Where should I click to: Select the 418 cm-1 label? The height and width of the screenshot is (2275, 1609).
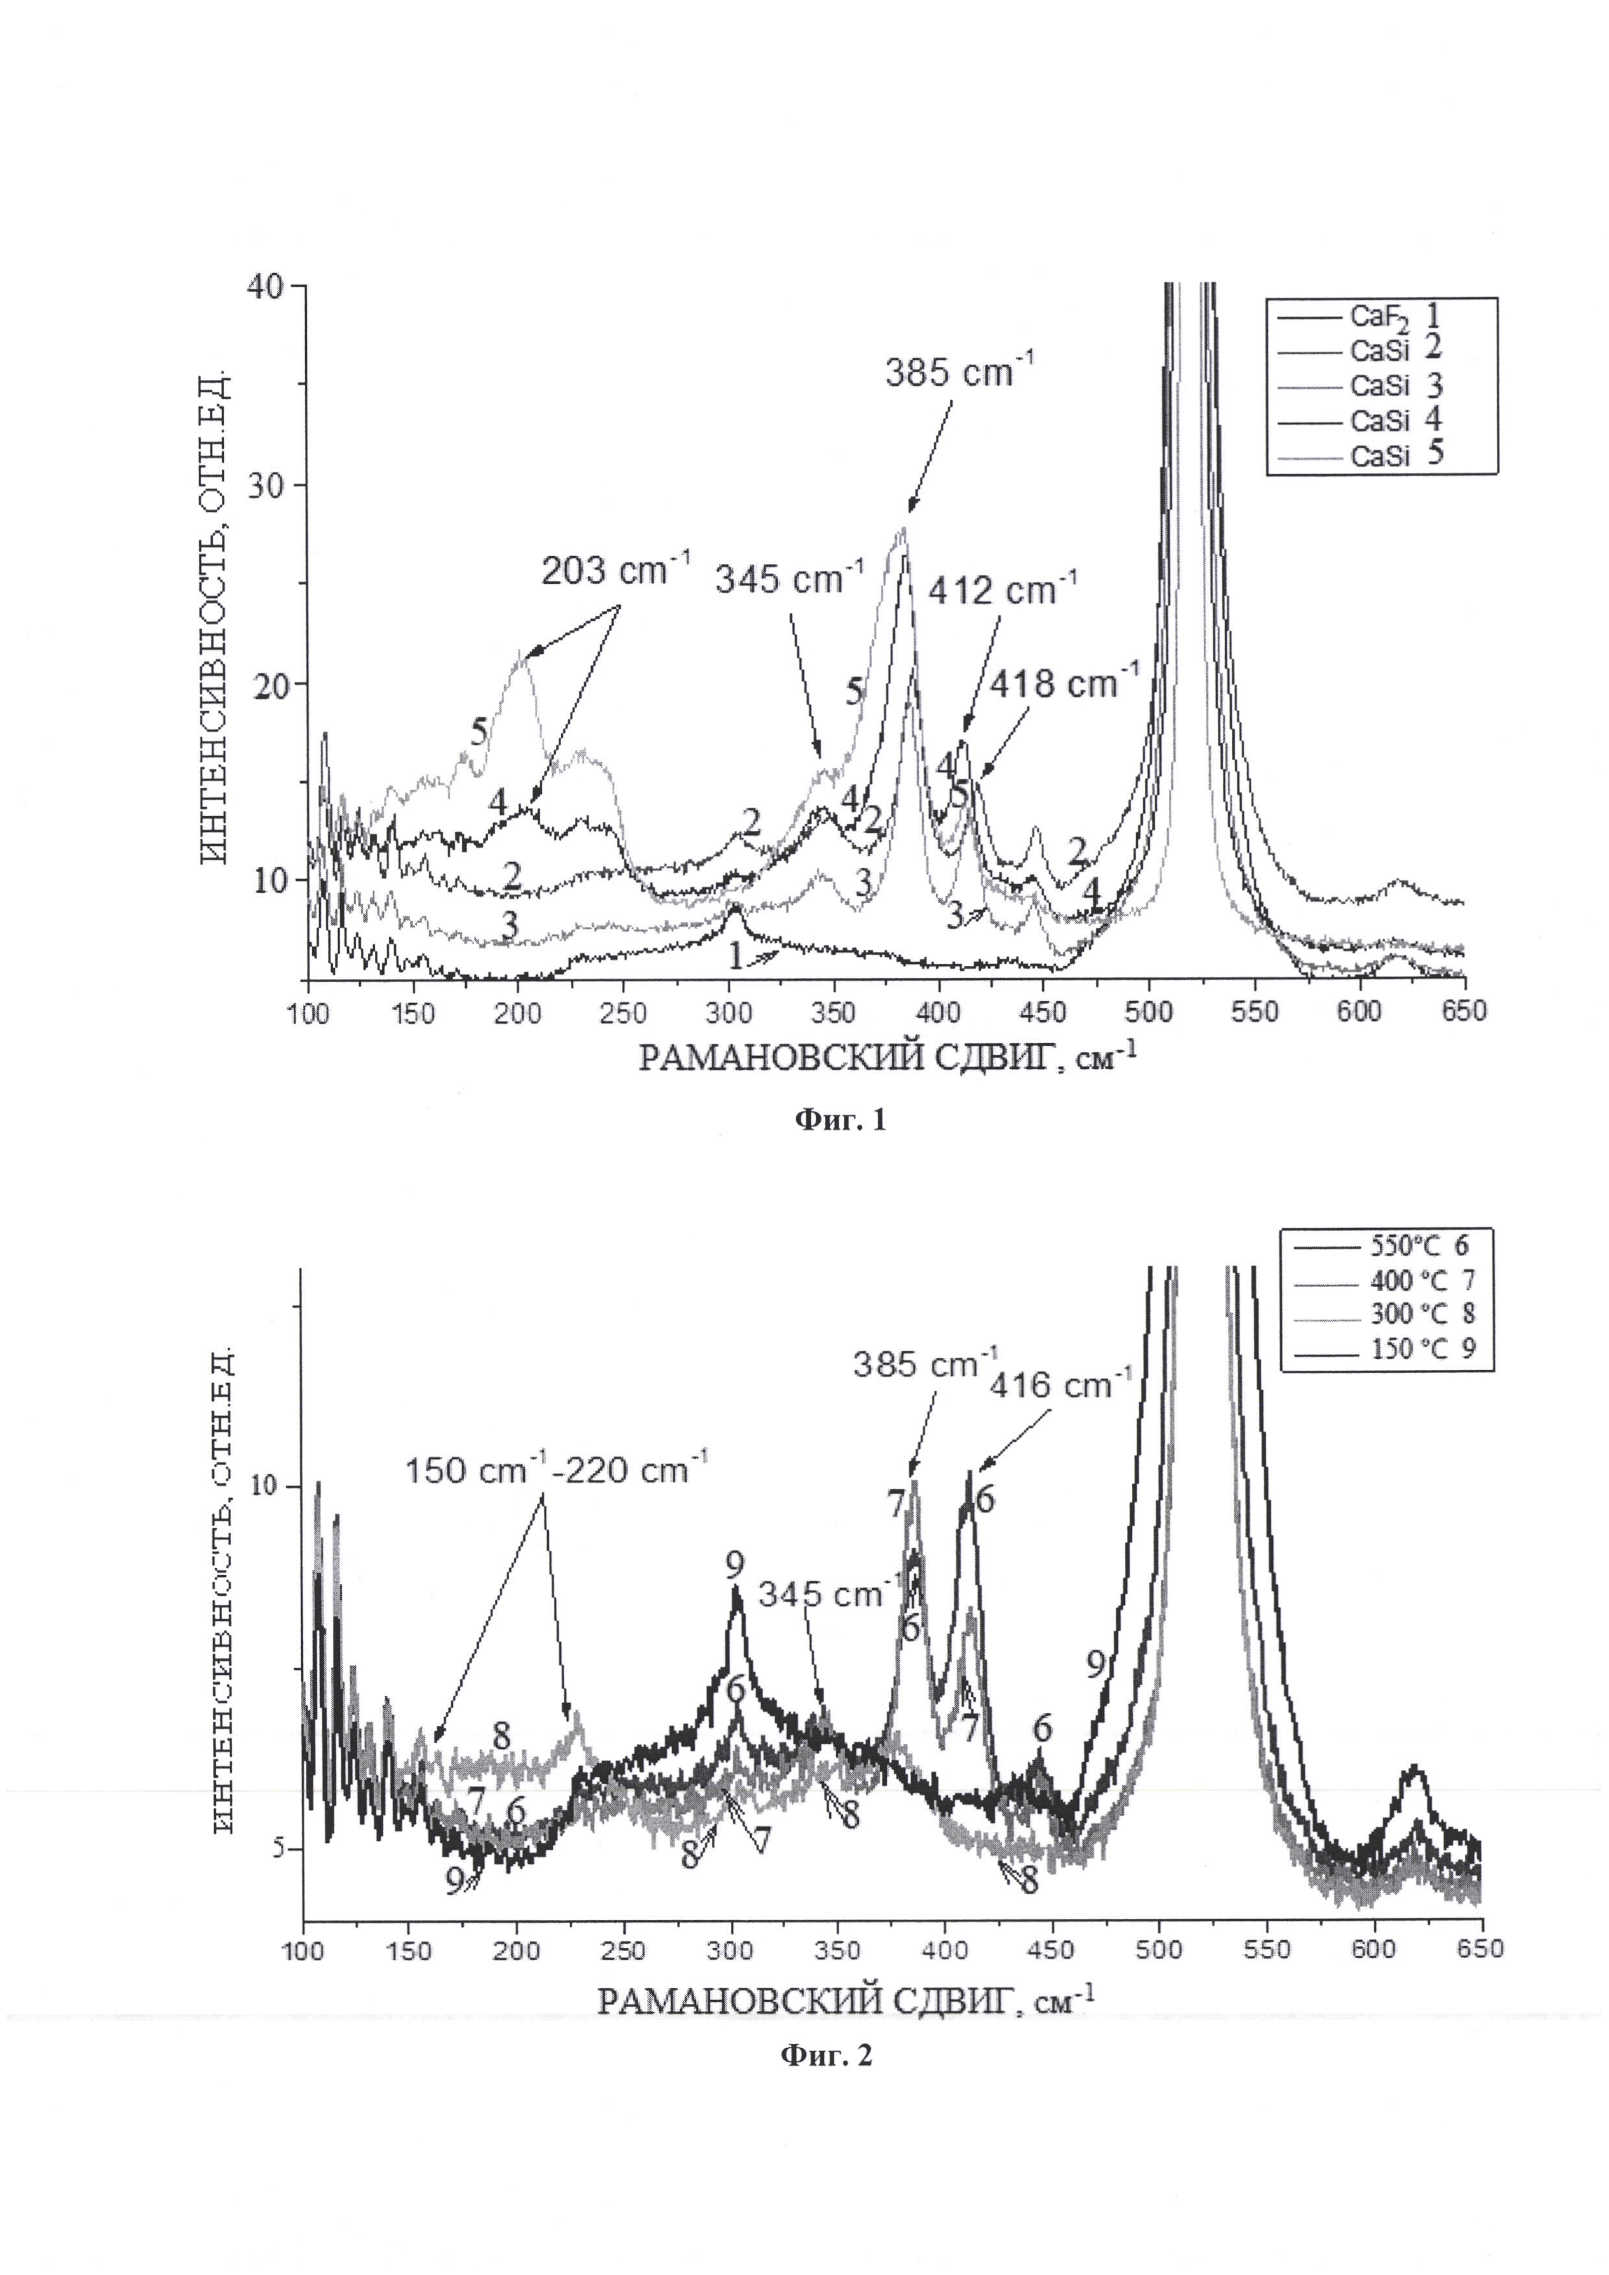pyautogui.click(x=1064, y=682)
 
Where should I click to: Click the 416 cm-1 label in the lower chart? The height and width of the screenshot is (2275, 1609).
pyautogui.click(x=1060, y=1384)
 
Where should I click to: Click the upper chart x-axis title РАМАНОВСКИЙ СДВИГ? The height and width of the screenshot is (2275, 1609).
pyautogui.click(x=887, y=1057)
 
